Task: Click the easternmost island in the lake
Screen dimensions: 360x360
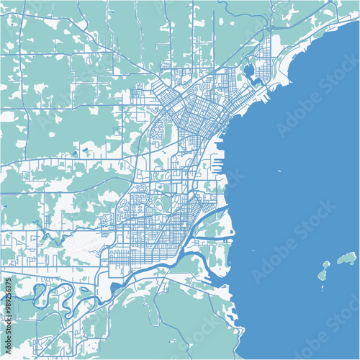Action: click(348, 258)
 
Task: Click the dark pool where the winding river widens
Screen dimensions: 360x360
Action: click(115, 289)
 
